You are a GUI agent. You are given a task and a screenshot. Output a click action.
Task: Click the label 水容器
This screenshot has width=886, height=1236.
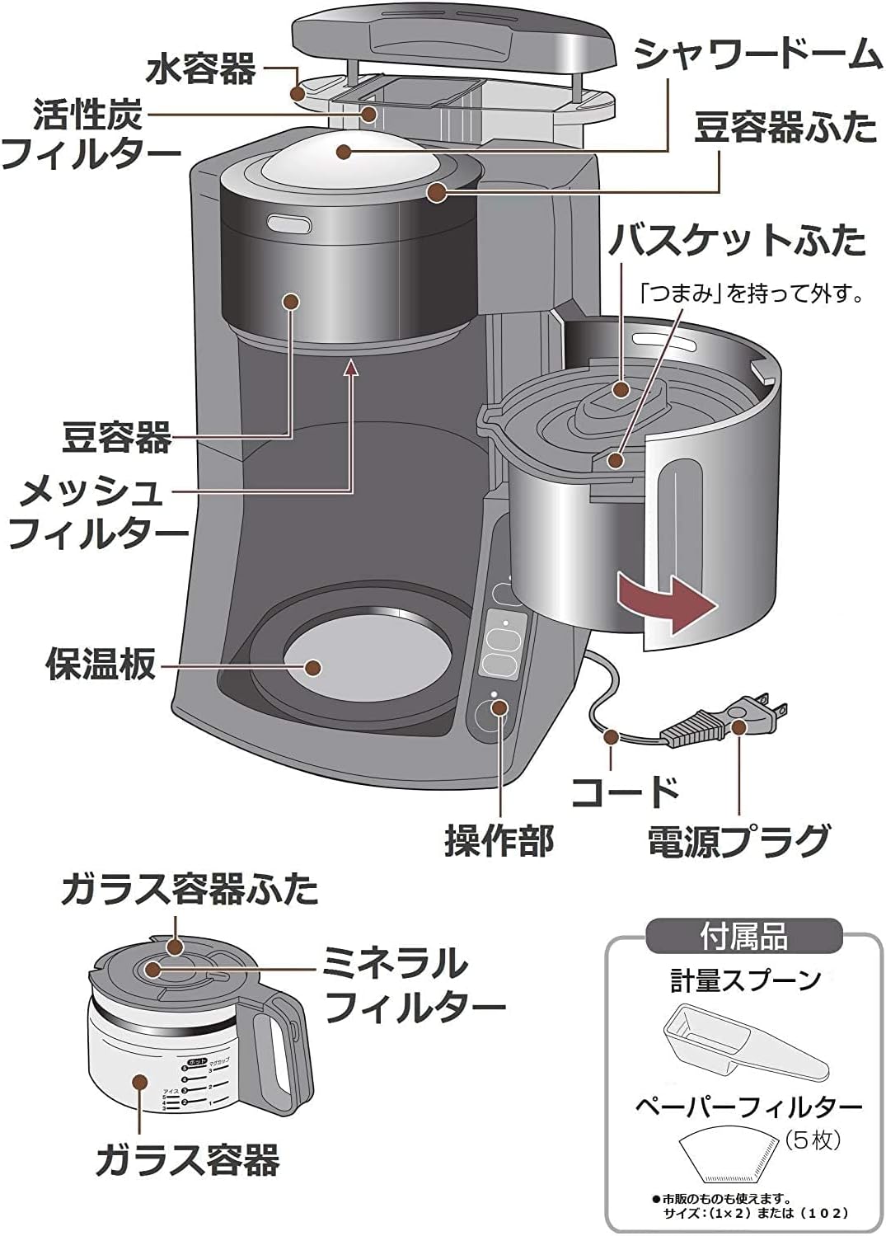tap(201, 69)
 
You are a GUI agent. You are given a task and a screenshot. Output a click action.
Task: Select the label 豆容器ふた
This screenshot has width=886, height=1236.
tap(785, 128)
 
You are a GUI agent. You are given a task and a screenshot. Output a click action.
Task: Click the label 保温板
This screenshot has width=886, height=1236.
tap(101, 662)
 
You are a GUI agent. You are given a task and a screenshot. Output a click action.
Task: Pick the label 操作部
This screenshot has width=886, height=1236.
tap(499, 840)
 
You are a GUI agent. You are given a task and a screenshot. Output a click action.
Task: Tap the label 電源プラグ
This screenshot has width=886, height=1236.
tap(738, 840)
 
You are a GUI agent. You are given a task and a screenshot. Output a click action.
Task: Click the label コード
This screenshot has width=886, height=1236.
tap(626, 792)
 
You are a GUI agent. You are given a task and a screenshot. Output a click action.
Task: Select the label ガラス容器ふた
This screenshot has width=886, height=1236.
tap(190, 890)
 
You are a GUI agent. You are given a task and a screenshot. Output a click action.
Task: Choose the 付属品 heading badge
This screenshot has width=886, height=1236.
tap(743, 937)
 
